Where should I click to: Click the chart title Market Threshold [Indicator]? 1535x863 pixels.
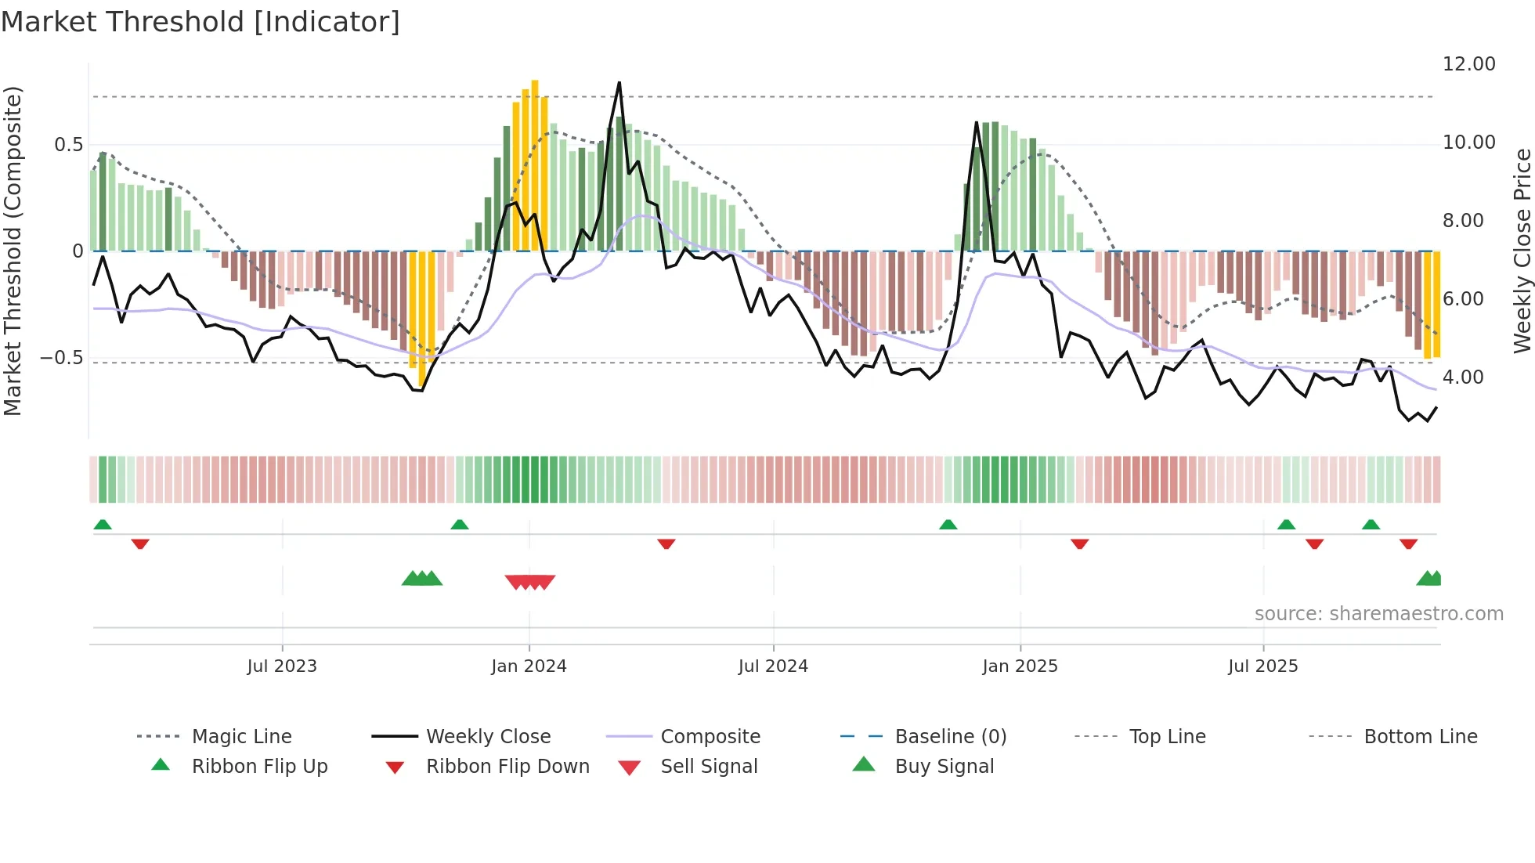pyautogui.click(x=200, y=22)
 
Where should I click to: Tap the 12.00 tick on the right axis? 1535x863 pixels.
pyautogui.click(x=1468, y=64)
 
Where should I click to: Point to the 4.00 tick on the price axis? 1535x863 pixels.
pyautogui.click(x=1462, y=377)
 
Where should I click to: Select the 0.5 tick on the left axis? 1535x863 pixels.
pyautogui.click(x=68, y=145)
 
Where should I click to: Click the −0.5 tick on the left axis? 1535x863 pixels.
pyautogui.click(x=61, y=358)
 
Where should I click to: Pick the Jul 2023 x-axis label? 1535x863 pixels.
pyautogui.click(x=282, y=666)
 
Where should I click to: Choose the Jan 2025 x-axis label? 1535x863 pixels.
pyautogui.click(x=1020, y=666)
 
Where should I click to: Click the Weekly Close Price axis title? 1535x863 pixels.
pyautogui.click(x=1522, y=251)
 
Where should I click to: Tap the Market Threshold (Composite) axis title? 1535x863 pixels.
pyautogui.click(x=13, y=251)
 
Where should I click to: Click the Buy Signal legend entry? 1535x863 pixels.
pyautogui.click(x=944, y=767)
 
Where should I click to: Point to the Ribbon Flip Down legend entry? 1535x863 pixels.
pyautogui.click(x=507, y=767)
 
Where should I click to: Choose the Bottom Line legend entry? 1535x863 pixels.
pyautogui.click(x=1420, y=737)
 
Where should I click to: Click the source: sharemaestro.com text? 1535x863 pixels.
pyautogui.click(x=1378, y=614)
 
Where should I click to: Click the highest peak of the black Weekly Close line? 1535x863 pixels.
pyautogui.click(x=619, y=83)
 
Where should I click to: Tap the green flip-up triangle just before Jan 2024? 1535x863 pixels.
pyautogui.click(x=460, y=525)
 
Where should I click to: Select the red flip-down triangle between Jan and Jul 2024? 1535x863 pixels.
pyautogui.click(x=666, y=543)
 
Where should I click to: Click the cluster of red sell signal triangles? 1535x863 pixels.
pyautogui.click(x=530, y=582)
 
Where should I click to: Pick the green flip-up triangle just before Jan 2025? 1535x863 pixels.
pyautogui.click(x=948, y=525)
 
